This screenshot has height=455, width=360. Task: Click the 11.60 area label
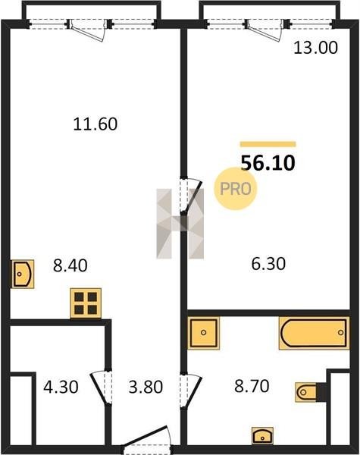coord(95,124)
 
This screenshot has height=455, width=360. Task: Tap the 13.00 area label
coord(315,48)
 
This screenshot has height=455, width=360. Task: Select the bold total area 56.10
coord(268,163)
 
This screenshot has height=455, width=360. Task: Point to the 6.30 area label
coord(268,264)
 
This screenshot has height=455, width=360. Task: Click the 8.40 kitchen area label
coord(70,265)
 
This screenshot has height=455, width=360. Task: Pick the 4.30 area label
coord(61,387)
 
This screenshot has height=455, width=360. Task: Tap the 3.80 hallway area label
coord(146,387)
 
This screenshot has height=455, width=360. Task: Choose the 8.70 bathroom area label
coord(252,386)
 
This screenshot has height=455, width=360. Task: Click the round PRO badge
coord(235,189)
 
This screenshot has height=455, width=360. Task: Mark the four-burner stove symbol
coord(86,303)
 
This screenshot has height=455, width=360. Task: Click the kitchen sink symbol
coord(23,274)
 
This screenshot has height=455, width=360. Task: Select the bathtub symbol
coord(315,333)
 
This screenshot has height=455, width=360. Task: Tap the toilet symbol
coord(308,392)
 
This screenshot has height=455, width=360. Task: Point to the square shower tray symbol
coord(203,333)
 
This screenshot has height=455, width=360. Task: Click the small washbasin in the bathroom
coord(262,435)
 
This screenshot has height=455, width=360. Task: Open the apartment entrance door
coord(146,440)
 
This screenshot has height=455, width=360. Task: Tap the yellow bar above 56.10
coord(268,144)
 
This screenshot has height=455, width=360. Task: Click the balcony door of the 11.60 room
coord(87,31)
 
